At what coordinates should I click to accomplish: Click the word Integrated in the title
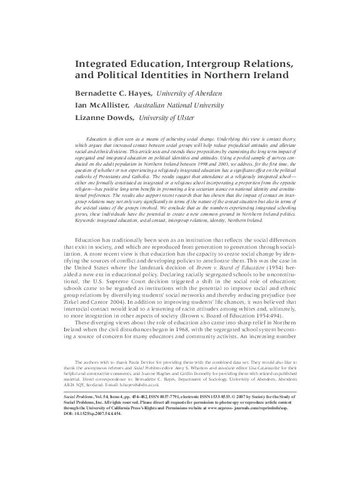(102, 64)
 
